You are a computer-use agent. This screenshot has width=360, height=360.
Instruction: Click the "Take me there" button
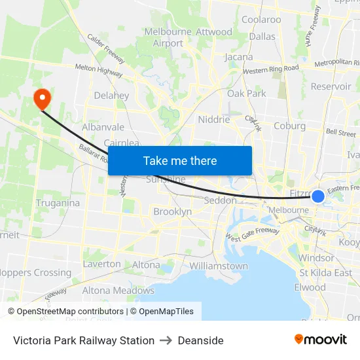click(x=179, y=160)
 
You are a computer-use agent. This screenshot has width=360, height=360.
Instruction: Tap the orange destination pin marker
click(x=43, y=99)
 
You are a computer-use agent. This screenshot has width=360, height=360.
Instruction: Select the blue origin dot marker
click(x=318, y=196)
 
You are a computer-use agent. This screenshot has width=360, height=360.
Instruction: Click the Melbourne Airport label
click(x=168, y=37)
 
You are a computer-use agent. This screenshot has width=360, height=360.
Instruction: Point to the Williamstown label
click(x=219, y=266)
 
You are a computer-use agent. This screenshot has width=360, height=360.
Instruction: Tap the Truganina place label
click(x=58, y=203)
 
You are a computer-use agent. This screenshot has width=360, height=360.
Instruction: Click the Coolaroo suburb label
click(x=261, y=20)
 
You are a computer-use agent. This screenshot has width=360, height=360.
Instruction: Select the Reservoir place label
click(x=331, y=86)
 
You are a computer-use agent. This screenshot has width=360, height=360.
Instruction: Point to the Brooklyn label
click(x=172, y=212)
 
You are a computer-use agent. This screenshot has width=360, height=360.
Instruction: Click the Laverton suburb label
click(x=101, y=264)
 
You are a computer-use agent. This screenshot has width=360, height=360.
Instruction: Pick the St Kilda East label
click(x=325, y=273)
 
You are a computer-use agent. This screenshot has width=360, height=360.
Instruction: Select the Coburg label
click(x=290, y=126)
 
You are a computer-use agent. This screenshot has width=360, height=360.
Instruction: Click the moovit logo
click(x=320, y=340)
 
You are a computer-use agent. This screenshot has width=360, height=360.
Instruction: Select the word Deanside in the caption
click(x=200, y=340)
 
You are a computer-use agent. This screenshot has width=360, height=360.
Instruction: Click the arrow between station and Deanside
click(x=166, y=340)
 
